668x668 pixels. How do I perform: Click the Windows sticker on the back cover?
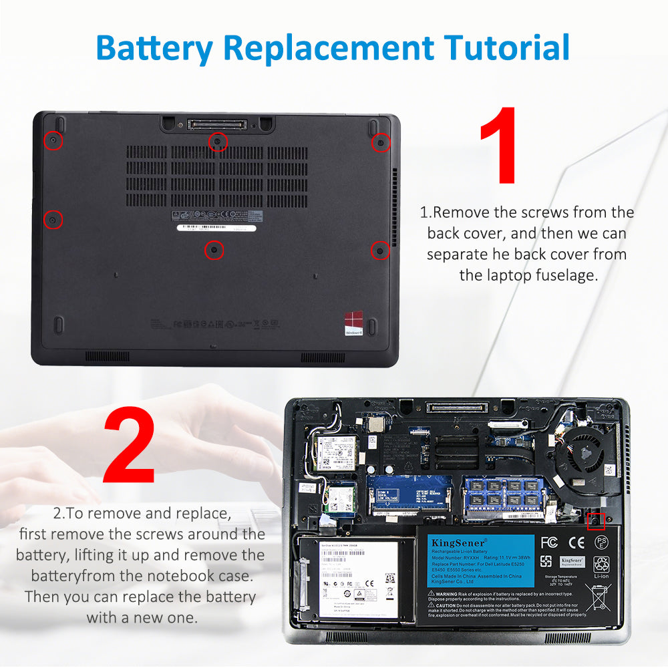(354, 323)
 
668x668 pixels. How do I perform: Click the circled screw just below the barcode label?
(214, 250)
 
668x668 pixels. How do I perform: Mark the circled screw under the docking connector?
(217, 142)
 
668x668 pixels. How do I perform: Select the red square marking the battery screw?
(596, 520)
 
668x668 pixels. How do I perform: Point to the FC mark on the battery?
(549, 542)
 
